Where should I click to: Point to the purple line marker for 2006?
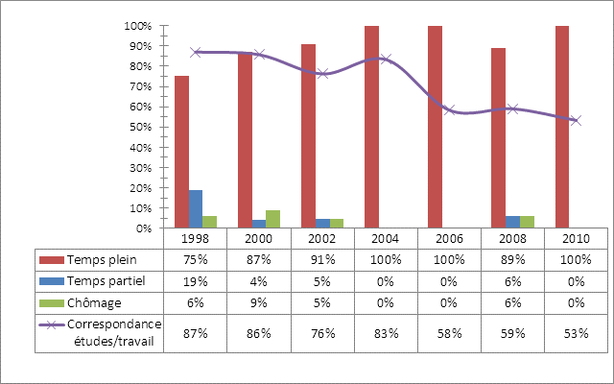pyautogui.click(x=449, y=110)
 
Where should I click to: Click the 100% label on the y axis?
pyautogui.click(x=139, y=26)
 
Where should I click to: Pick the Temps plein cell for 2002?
pyautogui.click(x=322, y=259)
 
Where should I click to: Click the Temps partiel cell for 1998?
pyautogui.click(x=196, y=280)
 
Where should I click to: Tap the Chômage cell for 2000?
pyautogui.click(x=259, y=300)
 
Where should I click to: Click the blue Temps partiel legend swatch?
pyautogui.click(x=50, y=280)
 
